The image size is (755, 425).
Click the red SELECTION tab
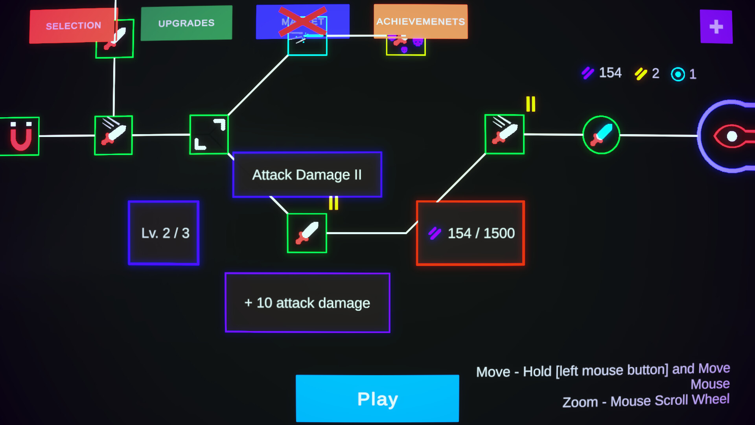pos(73,26)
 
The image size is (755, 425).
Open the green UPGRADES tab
pos(186,23)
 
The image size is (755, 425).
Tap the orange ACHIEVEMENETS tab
pos(420,22)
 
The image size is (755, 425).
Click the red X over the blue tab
pos(302,22)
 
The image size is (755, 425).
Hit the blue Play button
pos(377,399)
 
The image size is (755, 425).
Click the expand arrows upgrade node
pos(209,135)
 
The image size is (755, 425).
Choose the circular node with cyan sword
pos(601,135)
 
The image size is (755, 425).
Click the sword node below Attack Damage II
pos(307,233)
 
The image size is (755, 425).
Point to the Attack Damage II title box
pos(307,175)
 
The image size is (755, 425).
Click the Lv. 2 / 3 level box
pos(164,233)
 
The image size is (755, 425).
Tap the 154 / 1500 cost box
pos(470,233)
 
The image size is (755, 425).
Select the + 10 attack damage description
pos(308,303)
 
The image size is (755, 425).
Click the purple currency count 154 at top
pos(610,73)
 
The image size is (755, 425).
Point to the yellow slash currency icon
pos(641,74)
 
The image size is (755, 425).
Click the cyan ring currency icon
pos(678,74)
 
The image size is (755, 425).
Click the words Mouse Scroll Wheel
pos(670,401)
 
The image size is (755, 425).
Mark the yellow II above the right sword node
pos(530,104)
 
